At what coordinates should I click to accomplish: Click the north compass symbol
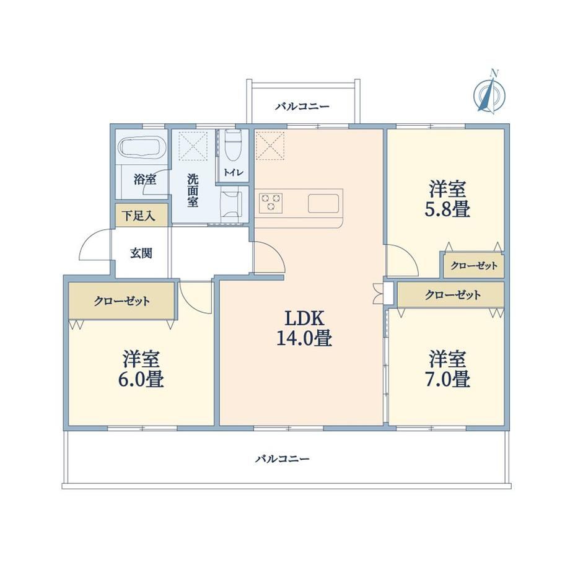coord(489,94)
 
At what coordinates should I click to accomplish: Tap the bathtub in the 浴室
coord(143,147)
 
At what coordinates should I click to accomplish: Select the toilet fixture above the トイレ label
coord(233,146)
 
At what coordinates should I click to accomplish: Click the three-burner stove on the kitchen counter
coord(271,203)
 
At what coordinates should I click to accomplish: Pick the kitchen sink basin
coord(323,203)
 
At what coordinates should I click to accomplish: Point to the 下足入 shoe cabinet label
coord(139,216)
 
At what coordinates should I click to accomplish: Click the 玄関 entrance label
coord(141,253)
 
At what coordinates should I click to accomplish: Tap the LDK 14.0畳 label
coord(304,328)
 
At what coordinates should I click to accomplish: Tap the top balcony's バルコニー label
coord(302,107)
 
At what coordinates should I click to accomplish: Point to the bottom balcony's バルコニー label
coord(282,458)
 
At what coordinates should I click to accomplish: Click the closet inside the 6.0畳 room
coord(122,301)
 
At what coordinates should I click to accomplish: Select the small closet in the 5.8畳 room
coord(474,266)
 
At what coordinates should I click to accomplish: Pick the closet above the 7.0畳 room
coord(450,294)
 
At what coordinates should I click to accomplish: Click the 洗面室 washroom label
coord(193,191)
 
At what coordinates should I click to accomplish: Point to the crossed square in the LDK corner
coord(270,146)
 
